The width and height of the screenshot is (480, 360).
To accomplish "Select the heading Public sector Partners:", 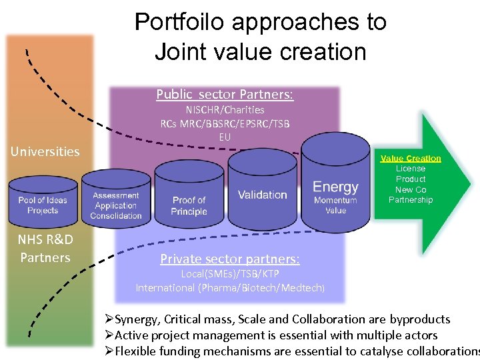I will click(225, 94).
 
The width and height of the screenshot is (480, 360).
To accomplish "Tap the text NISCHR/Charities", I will click(225, 109).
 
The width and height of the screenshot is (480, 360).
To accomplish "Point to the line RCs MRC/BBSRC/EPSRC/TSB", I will click(225, 123).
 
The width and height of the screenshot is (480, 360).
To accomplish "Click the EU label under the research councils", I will click(225, 137).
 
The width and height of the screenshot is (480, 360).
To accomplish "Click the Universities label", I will click(45, 151).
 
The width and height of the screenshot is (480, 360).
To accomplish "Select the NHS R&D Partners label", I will click(45, 248).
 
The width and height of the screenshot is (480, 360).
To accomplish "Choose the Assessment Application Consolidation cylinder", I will click(116, 204).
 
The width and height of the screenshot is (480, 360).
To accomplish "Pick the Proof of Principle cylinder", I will click(189, 203).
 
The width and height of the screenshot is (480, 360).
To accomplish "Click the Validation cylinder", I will click(262, 194).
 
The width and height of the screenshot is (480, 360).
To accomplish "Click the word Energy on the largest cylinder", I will click(335, 187).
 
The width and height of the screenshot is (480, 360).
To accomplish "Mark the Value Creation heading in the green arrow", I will click(411, 158).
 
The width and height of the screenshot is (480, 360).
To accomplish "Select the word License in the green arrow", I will click(411, 169).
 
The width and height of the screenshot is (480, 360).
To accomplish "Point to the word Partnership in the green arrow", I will click(411, 200).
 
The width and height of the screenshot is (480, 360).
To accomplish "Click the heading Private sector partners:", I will click(229, 259).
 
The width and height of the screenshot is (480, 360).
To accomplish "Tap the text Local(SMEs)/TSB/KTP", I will click(230, 274).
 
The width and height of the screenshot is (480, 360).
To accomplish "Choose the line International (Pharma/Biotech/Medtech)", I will click(230, 287).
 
